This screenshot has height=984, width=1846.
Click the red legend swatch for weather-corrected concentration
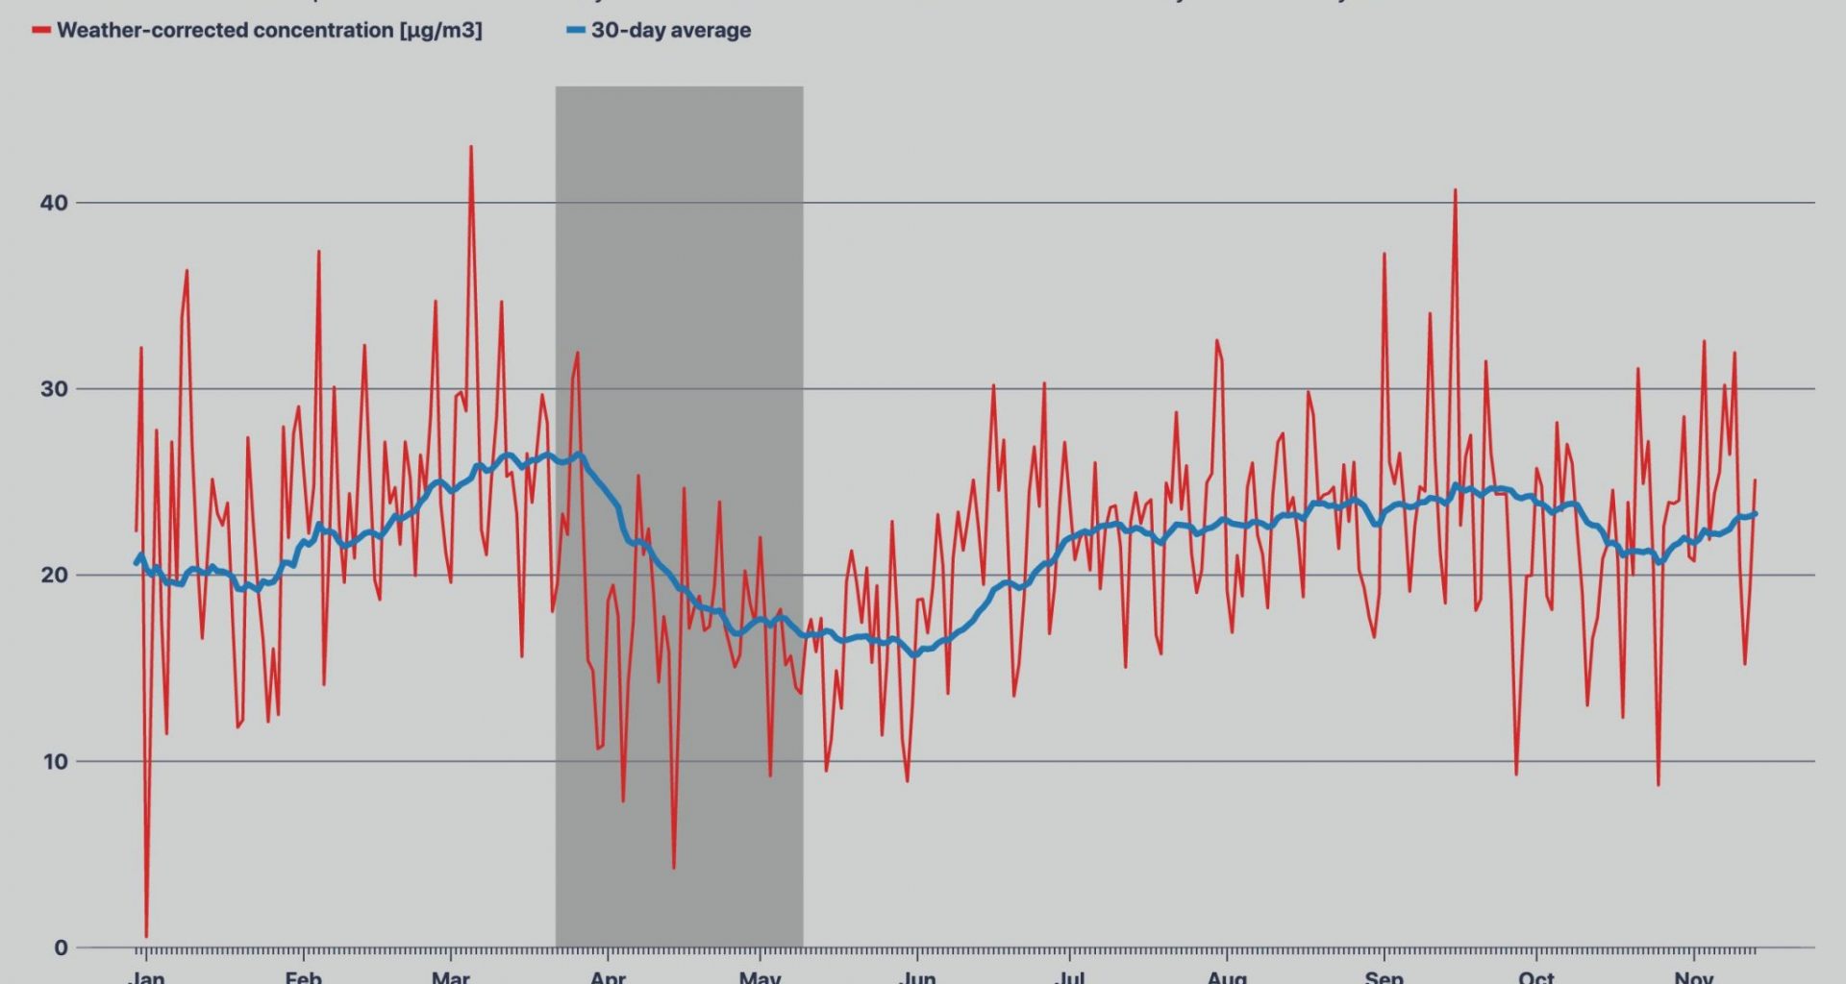click(41, 31)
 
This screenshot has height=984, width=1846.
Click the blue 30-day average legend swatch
click(575, 31)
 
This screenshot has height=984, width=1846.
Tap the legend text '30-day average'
click(671, 31)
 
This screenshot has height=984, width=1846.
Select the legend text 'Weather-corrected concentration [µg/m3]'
click(269, 31)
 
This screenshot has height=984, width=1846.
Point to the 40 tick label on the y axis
click(54, 203)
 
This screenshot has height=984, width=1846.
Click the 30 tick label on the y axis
click(54, 389)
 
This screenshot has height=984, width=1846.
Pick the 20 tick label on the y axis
click(54, 576)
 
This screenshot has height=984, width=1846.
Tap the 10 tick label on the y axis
click(54, 762)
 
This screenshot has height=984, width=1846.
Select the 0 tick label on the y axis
click(61, 948)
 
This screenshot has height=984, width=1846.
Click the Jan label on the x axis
click(146, 976)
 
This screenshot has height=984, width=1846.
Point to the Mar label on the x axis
click(450, 976)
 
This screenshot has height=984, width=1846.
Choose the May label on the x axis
click(760, 976)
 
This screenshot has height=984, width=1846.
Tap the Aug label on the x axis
click(1227, 976)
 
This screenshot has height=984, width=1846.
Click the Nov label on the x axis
click(1693, 976)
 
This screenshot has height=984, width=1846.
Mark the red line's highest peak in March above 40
click(471, 147)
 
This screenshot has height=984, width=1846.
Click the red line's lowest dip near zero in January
click(146, 936)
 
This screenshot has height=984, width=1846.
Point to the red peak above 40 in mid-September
click(1455, 190)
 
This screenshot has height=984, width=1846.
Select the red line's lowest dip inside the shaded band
click(674, 868)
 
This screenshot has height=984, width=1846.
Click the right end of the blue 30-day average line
click(1755, 514)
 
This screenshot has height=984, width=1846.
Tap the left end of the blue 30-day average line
click(136, 563)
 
